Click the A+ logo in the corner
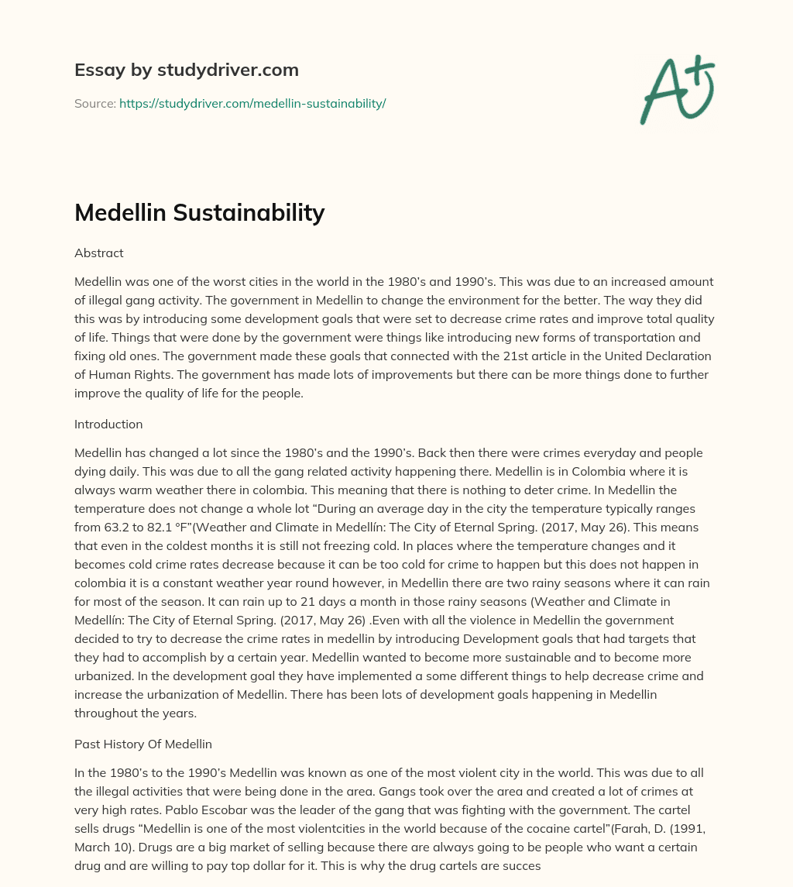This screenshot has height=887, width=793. click(676, 89)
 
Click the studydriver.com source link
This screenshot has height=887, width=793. click(252, 103)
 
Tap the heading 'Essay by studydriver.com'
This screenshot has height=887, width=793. click(186, 70)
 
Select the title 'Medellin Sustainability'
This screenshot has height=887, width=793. click(199, 212)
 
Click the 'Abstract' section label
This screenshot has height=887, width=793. click(99, 253)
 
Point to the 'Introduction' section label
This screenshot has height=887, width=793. click(108, 425)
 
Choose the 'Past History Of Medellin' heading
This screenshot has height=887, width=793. click(143, 744)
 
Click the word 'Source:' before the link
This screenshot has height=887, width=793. click(95, 103)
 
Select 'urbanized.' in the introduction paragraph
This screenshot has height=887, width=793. click(105, 676)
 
